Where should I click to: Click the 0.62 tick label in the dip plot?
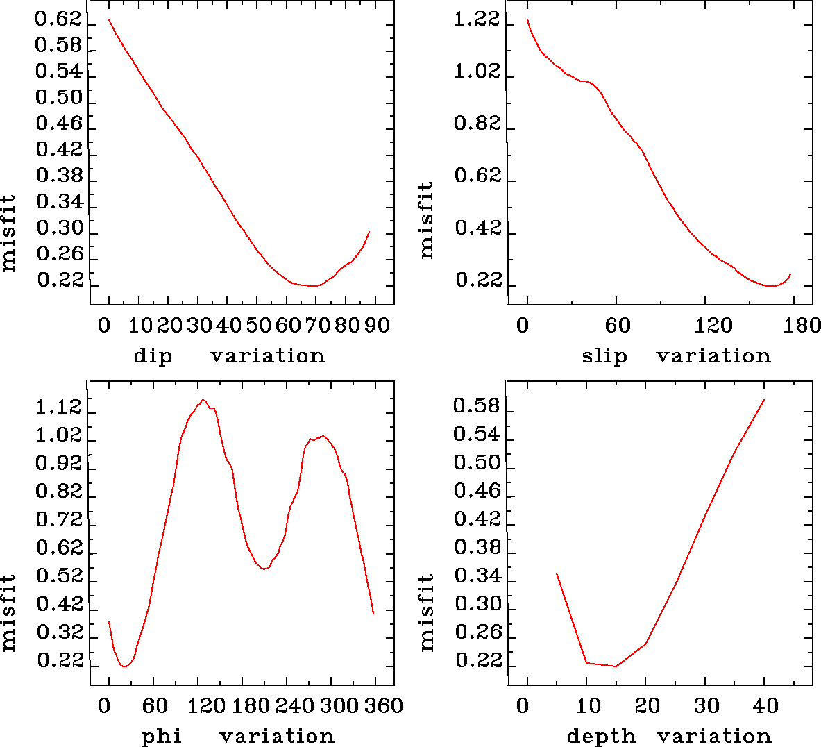pos(58,19)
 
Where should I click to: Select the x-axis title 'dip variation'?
pos(229,356)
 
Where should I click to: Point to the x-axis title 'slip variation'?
pos(676,356)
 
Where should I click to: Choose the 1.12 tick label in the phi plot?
pos(59,408)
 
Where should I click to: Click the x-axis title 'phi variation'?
pos(238,736)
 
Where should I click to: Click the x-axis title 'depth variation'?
pos(669,736)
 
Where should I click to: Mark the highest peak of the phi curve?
pos(203,400)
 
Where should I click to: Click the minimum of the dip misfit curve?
pos(314,285)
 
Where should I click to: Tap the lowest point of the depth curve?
pos(615,666)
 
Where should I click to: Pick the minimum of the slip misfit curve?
pos(770,285)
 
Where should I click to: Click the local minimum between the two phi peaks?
pos(264,569)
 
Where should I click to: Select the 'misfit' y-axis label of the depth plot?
pos(426,612)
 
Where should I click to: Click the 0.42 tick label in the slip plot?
pos(477,228)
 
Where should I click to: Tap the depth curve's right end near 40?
pos(764,400)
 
